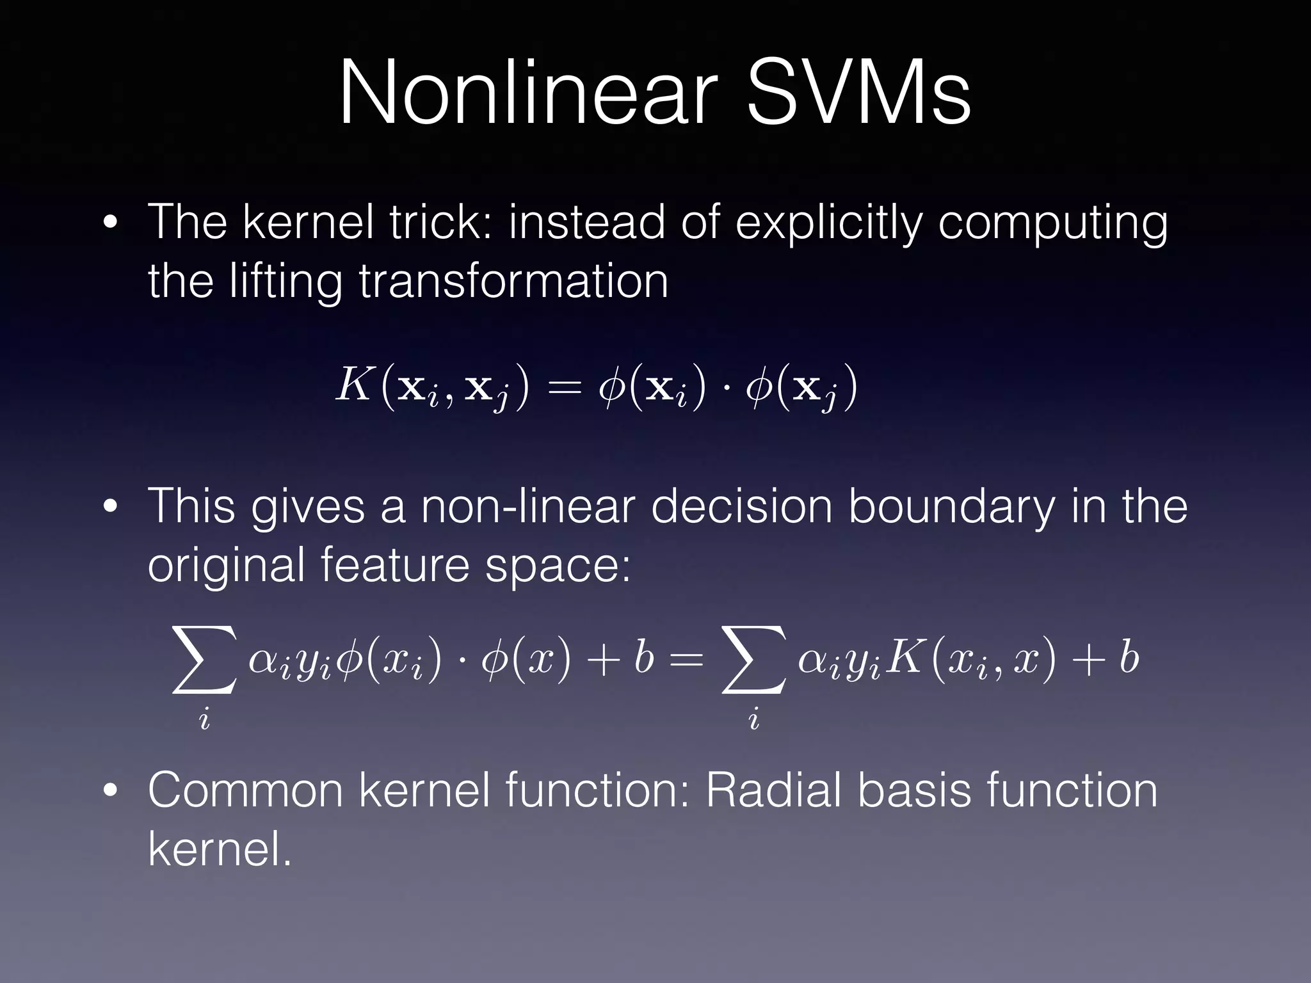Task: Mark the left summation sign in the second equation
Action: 204,660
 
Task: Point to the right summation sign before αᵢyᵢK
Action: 753,660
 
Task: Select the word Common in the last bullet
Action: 246,791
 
